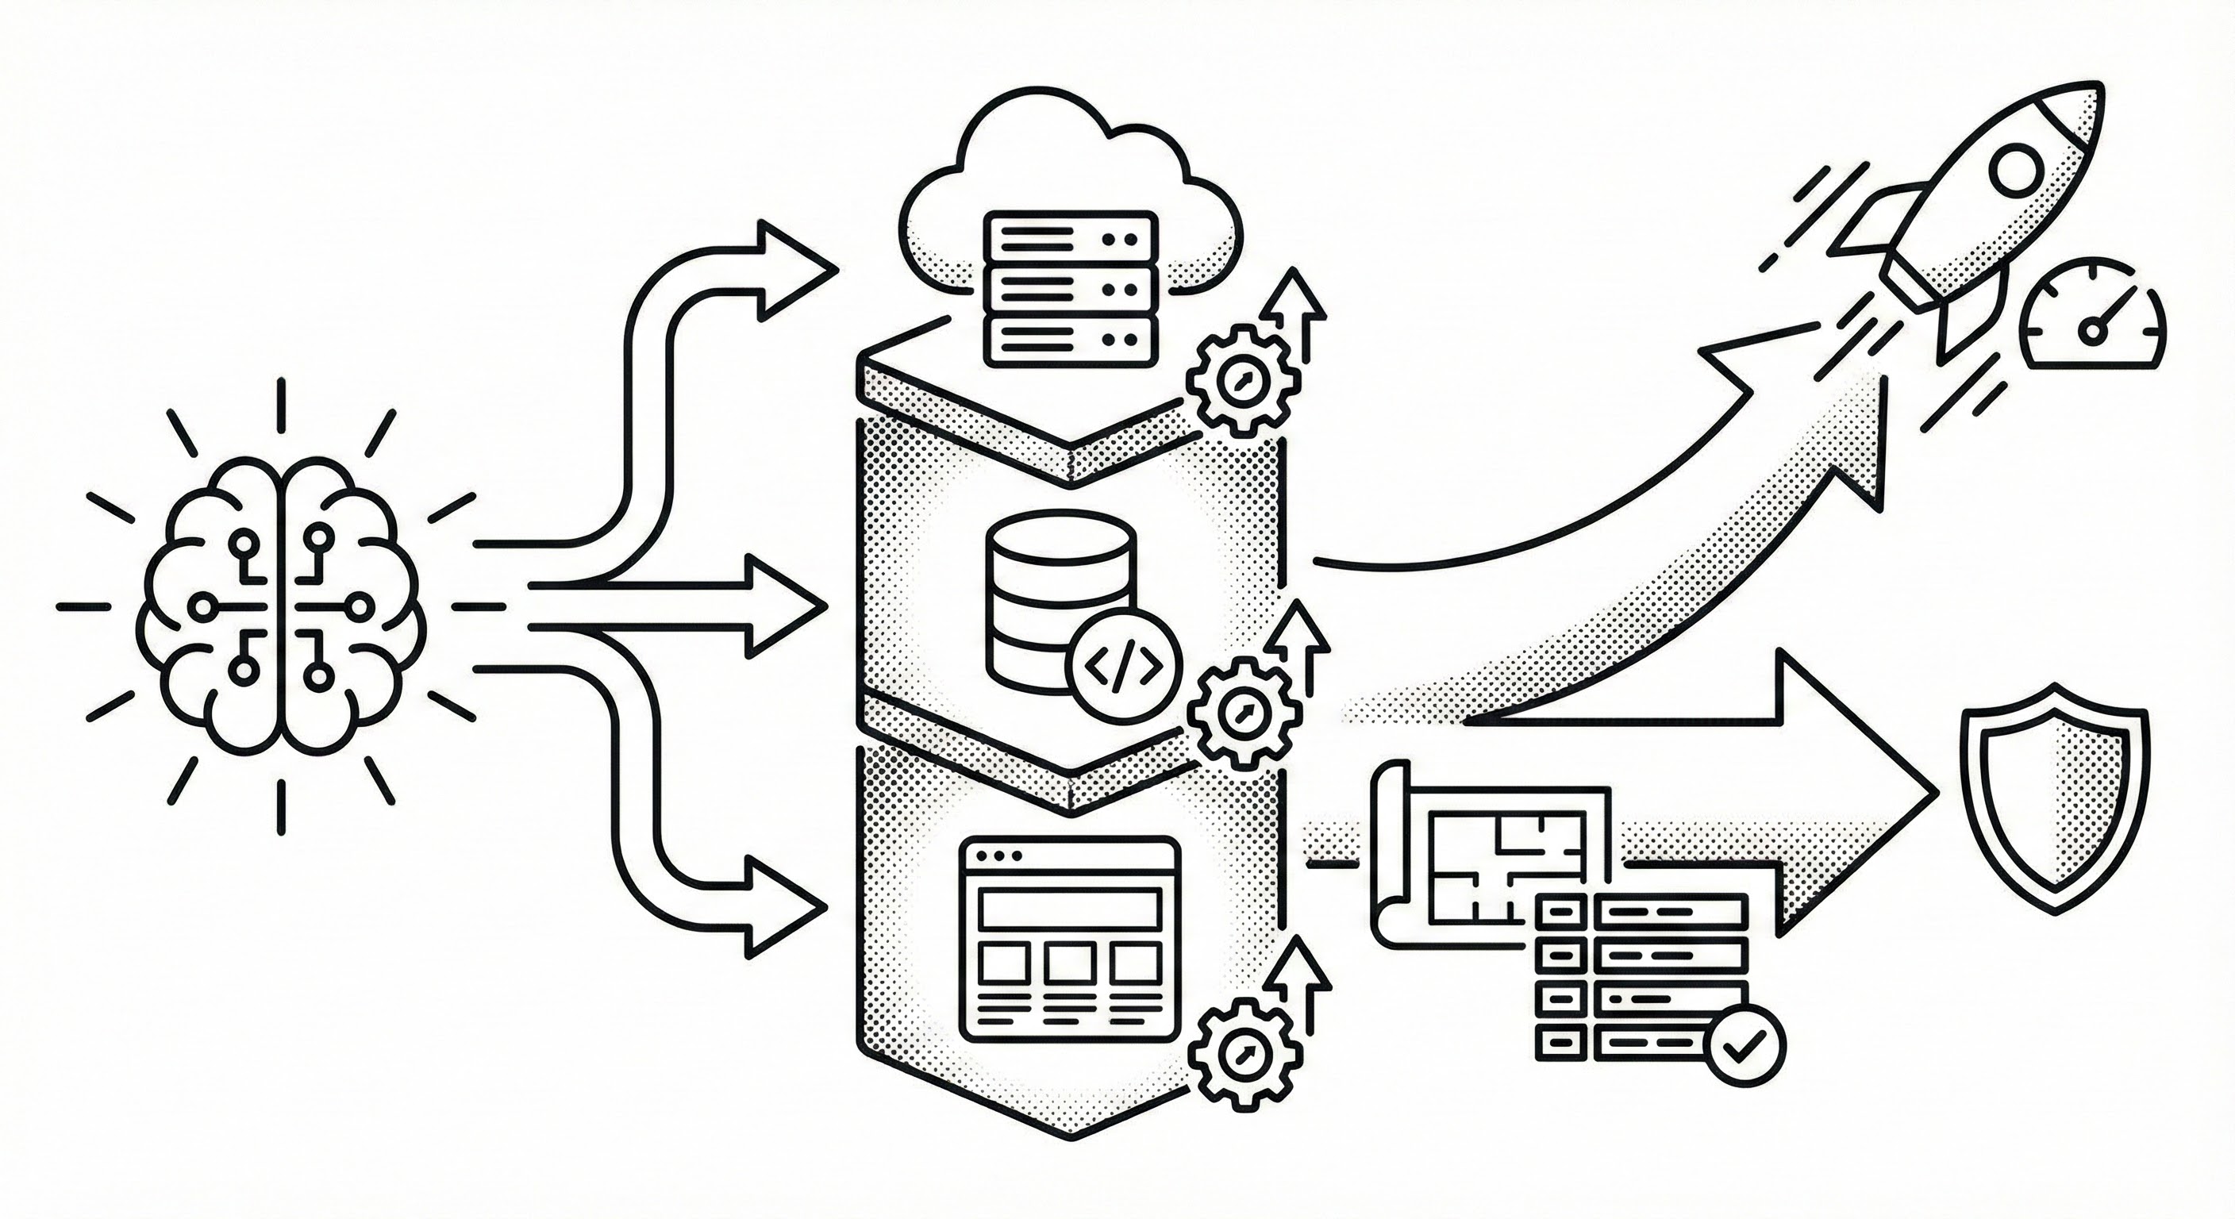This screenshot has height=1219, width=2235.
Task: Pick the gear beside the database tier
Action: (1244, 711)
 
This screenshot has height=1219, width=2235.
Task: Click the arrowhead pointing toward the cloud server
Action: (794, 271)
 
